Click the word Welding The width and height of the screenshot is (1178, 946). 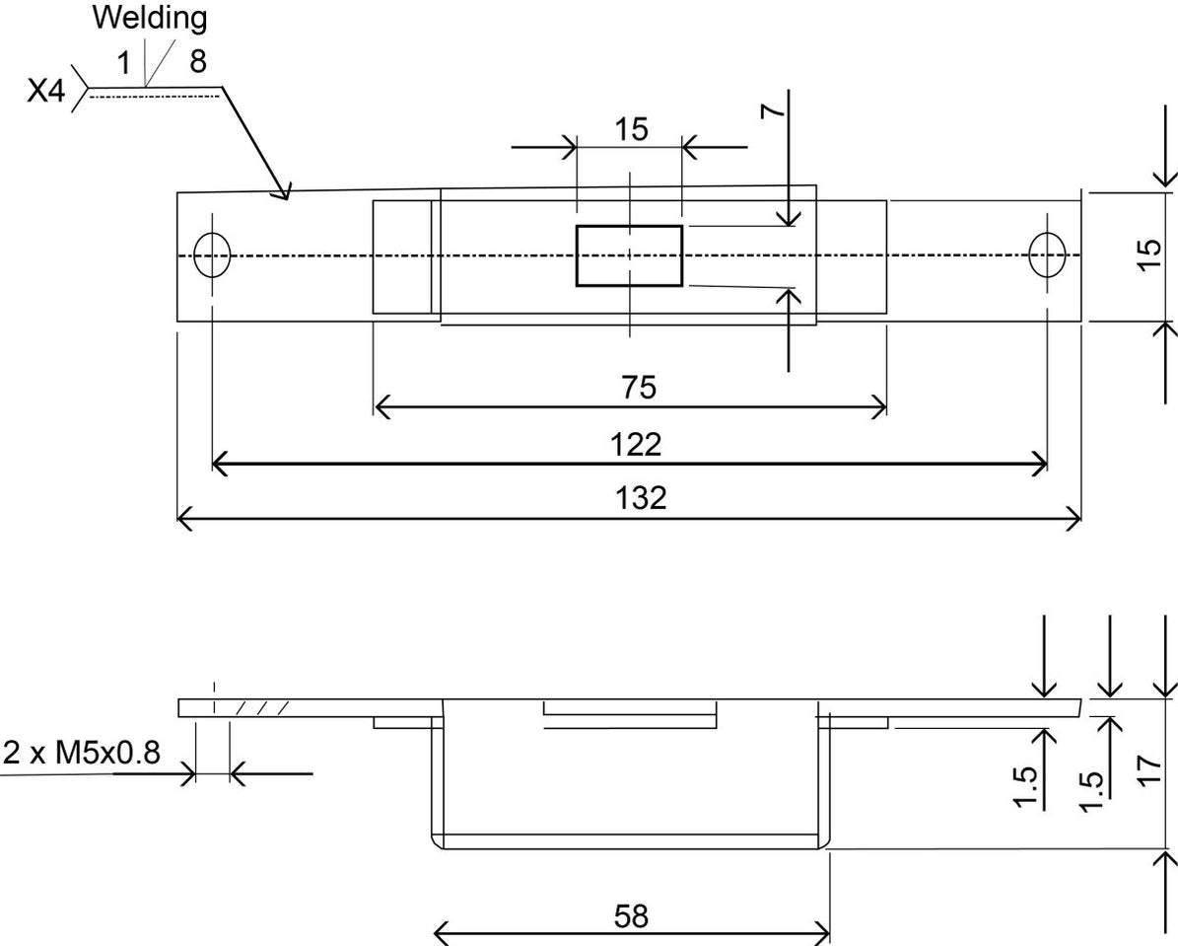[x=150, y=18]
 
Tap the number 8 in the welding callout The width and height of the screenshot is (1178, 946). [x=198, y=62]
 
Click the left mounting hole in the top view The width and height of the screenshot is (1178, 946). [x=212, y=255]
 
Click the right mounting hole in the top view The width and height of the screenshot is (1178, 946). [x=1047, y=255]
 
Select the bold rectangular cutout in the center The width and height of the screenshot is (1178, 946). [x=629, y=255]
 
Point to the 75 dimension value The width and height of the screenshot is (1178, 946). [x=638, y=388]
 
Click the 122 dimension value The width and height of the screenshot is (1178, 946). [x=636, y=445]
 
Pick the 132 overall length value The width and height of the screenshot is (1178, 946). [x=641, y=497]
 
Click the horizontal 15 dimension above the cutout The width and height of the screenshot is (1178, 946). [x=631, y=129]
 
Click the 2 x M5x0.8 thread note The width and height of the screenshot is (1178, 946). [x=81, y=754]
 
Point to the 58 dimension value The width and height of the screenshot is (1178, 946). [x=631, y=916]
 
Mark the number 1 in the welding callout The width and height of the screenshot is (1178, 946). [x=124, y=62]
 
